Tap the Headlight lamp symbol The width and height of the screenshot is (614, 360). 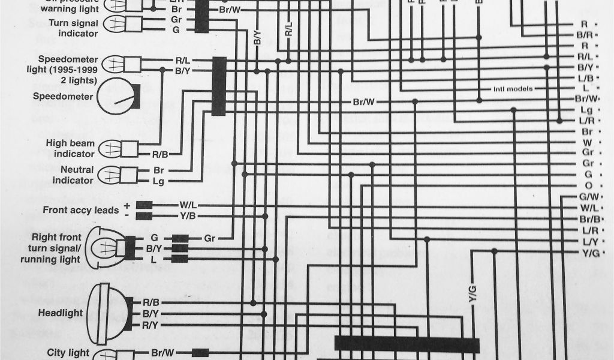[109, 313]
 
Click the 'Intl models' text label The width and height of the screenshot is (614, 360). [513, 89]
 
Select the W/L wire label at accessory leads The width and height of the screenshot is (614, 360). [188, 205]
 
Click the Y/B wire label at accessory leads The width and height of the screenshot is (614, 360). [188, 216]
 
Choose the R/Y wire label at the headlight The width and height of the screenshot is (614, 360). [151, 325]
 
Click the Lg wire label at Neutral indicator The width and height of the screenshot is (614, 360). [159, 180]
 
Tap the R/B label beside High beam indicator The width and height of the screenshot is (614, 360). [159, 154]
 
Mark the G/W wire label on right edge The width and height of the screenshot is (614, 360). [586, 197]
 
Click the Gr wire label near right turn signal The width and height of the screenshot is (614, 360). [209, 238]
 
